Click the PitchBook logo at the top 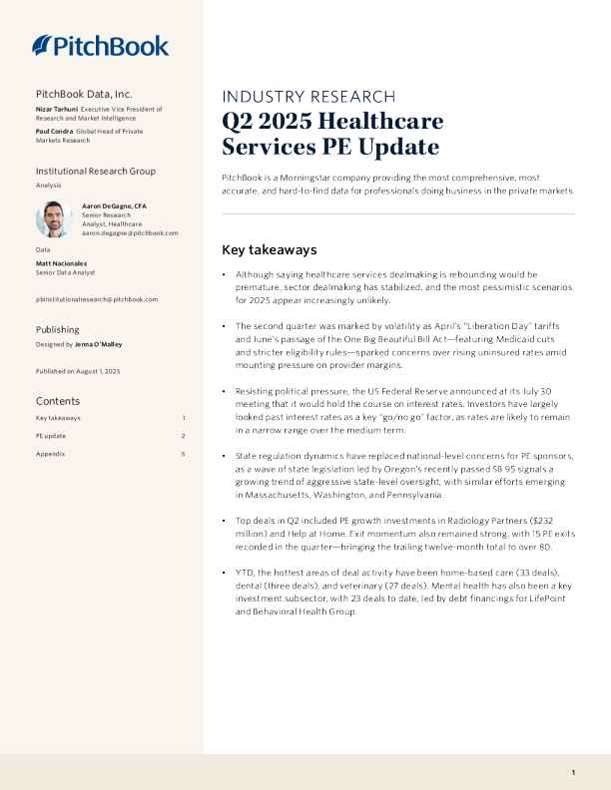coord(100,45)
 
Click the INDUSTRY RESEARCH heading coord(307,97)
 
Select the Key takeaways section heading coord(269,249)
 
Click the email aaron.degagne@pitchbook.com coord(130,232)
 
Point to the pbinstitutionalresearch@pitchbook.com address coord(96,298)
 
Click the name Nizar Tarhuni coord(57,108)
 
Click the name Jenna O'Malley coord(98,344)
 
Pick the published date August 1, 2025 coord(99,371)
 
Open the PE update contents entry coord(51,436)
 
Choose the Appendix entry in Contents coord(50,454)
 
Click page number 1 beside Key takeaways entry coord(184,418)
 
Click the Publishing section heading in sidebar coord(58,329)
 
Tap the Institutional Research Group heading coord(96,172)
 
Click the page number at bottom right coord(574,773)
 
